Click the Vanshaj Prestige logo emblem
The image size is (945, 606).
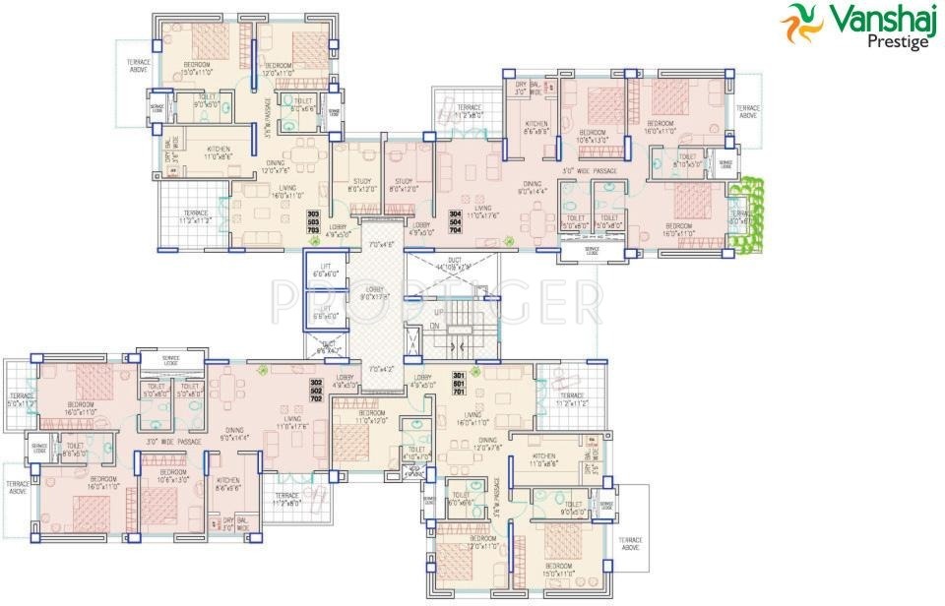coord(800,25)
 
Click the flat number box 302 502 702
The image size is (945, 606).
coord(316,390)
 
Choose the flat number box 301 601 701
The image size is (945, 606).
coord(458,384)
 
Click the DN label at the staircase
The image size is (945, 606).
coord(434,326)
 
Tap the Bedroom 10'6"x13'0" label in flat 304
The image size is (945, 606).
coord(594,136)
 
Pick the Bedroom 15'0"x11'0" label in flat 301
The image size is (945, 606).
coord(558,571)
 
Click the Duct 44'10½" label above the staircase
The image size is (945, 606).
coord(456,264)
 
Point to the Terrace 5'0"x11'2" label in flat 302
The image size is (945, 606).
coord(21,401)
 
